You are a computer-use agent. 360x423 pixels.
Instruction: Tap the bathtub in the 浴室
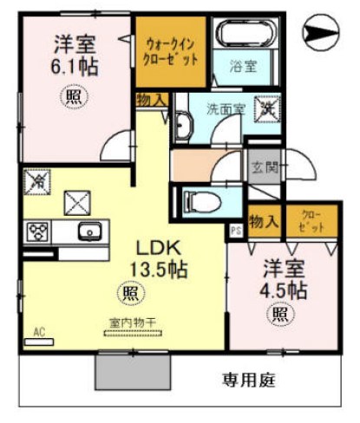click(242, 35)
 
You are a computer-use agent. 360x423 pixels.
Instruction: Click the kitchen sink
click(89, 231)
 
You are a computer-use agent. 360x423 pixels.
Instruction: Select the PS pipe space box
click(235, 230)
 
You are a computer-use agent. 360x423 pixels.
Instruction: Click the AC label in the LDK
click(39, 331)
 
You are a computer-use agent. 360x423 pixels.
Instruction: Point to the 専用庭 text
click(245, 379)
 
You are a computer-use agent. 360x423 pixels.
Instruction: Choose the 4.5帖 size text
click(284, 289)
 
